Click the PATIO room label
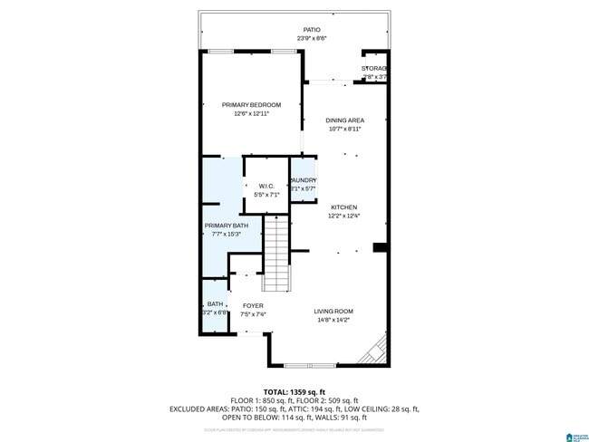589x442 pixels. tap(312, 30)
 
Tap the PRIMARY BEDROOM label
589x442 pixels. tap(252, 105)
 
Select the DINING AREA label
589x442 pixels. tap(345, 120)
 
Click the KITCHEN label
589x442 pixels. tap(343, 207)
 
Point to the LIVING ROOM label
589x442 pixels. tap(333, 311)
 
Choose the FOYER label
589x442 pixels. tap(253, 306)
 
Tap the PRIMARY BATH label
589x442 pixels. tap(226, 226)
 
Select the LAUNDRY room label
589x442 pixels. tap(303, 180)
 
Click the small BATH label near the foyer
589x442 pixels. tap(215, 304)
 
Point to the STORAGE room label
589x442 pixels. tap(375, 69)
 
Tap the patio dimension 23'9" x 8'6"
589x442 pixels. tap(312, 38)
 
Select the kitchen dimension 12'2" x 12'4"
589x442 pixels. tap(343, 216)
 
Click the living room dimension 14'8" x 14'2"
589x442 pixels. tap(333, 320)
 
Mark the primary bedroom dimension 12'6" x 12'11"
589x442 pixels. tap(252, 114)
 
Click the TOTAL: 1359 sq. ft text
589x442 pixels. tap(294, 391)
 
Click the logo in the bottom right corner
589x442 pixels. tap(575, 436)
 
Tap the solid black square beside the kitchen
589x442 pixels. tap(381, 247)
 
